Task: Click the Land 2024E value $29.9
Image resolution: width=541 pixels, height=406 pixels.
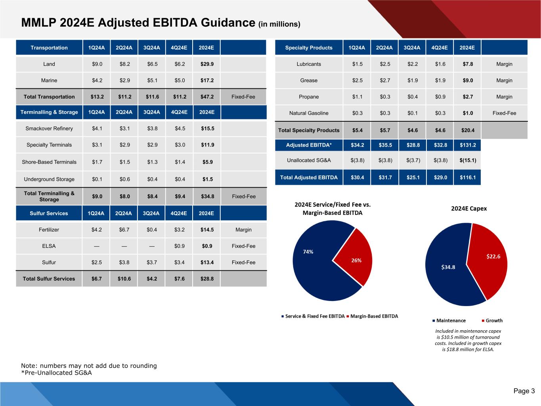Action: point(206,64)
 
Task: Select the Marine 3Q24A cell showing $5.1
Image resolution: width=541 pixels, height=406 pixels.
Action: point(152,80)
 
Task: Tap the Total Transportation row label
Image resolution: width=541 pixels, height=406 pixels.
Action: point(49,97)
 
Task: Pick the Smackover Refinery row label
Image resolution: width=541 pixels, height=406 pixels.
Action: point(49,128)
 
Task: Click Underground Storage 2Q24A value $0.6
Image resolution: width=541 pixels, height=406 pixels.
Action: point(125,179)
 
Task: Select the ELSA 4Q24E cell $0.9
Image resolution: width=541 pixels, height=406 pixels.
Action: point(180,246)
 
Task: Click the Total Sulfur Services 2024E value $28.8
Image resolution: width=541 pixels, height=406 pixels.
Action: point(206,279)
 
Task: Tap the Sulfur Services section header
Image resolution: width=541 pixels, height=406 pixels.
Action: point(49,213)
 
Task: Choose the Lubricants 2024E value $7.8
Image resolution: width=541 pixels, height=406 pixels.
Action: point(468,64)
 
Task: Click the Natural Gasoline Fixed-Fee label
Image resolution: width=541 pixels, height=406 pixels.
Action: point(504,113)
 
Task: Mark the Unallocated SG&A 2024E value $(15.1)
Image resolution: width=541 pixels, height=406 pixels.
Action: point(468,161)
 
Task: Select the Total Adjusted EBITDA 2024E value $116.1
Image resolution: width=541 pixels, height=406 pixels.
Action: point(468,178)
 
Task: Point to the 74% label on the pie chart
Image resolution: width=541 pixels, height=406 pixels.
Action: point(308,252)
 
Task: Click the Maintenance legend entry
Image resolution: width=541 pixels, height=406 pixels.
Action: point(451,321)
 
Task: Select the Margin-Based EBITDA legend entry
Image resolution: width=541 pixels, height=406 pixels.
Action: point(374,316)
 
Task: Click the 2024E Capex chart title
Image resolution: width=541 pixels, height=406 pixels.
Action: point(469,209)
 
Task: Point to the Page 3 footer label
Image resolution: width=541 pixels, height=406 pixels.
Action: point(524,391)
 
